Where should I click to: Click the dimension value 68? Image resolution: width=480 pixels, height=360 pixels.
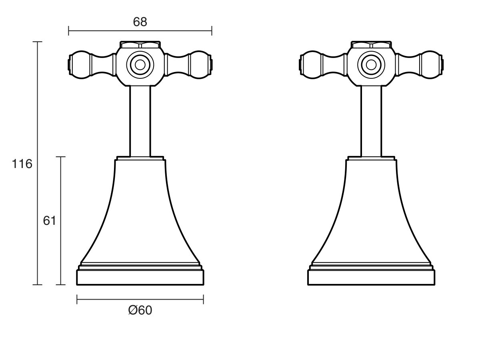[x=140, y=22]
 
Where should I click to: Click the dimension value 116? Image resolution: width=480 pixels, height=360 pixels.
[x=22, y=164]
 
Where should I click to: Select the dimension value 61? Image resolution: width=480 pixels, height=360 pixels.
[x=49, y=221]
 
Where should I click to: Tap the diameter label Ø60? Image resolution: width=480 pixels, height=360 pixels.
[x=140, y=310]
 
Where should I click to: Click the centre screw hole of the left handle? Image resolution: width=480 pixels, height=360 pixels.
[x=140, y=64]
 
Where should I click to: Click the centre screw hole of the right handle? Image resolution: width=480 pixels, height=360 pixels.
[x=371, y=64]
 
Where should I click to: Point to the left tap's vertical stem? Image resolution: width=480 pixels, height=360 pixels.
[x=140, y=120]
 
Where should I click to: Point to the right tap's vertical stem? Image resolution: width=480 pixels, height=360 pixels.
[x=371, y=120]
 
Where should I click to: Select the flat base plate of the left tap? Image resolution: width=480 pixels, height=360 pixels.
[x=140, y=277]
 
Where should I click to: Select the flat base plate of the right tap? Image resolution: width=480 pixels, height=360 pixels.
[x=371, y=277]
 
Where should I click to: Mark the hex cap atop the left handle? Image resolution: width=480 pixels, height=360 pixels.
[x=140, y=44]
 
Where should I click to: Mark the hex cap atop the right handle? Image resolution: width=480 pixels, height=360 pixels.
[x=371, y=44]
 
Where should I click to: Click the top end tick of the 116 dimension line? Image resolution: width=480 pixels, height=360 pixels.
[x=37, y=42]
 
